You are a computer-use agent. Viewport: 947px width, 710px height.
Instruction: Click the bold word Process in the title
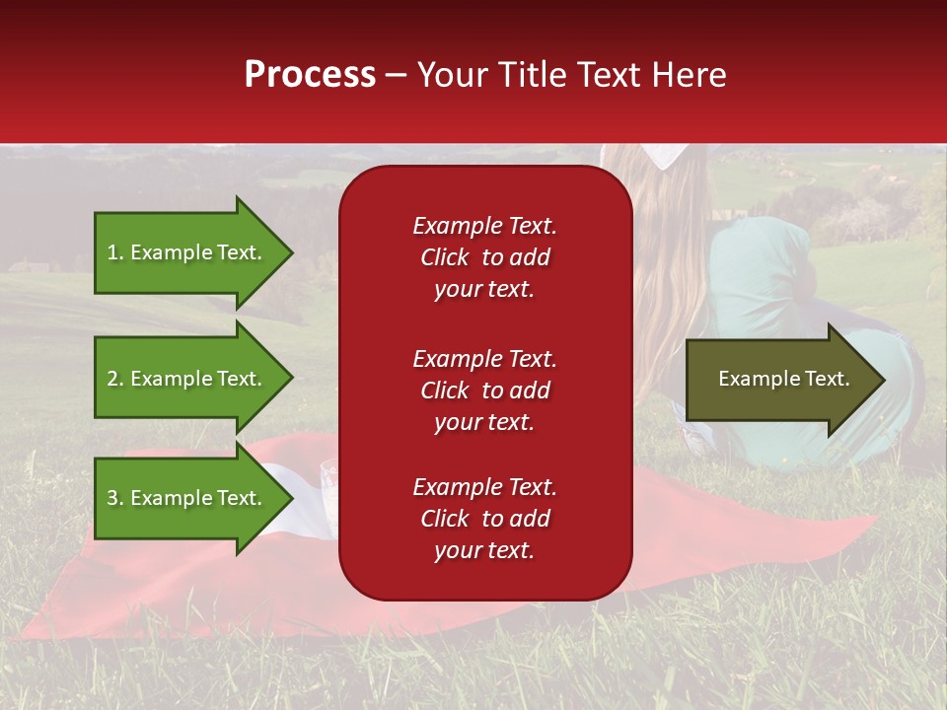click(310, 75)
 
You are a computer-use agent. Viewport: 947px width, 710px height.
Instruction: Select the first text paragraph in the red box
click(484, 257)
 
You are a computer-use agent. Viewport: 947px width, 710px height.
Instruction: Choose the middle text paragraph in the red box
click(484, 390)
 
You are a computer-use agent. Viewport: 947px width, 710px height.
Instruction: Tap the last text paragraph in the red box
click(484, 519)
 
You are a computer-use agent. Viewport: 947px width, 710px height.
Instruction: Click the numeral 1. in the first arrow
click(115, 252)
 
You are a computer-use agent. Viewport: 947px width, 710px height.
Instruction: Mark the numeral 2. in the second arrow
click(115, 379)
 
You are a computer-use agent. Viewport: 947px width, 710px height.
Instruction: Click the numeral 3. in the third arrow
click(115, 498)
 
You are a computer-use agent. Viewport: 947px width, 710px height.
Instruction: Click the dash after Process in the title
click(396, 76)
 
